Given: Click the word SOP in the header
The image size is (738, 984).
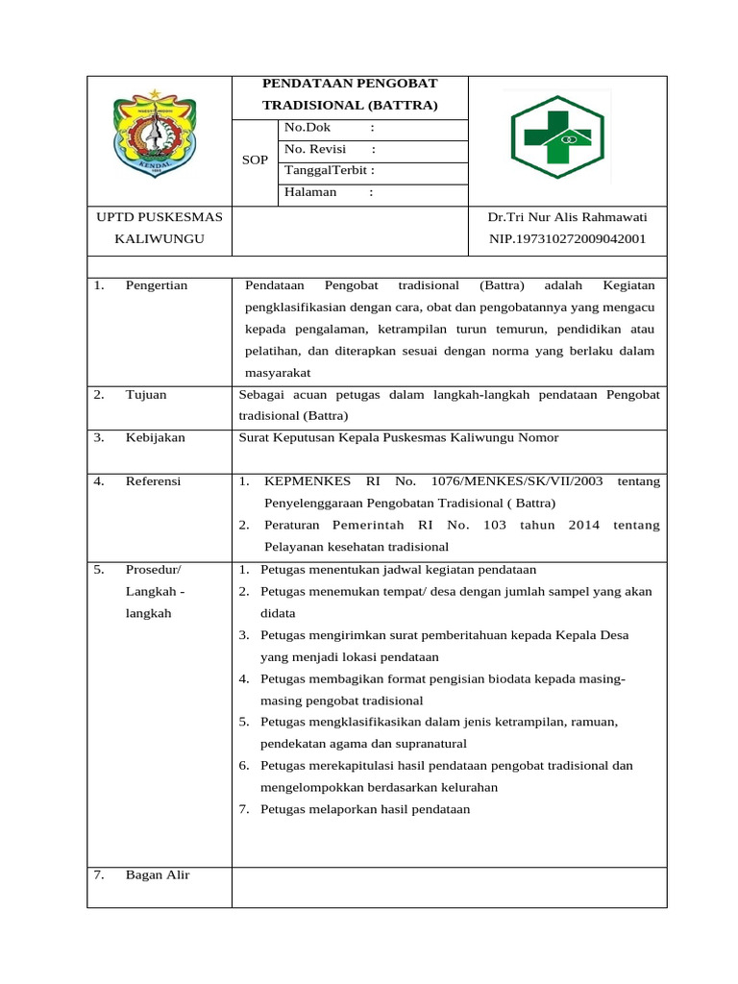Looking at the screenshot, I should coord(255,160).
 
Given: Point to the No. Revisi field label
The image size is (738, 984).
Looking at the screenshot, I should coord(314,149).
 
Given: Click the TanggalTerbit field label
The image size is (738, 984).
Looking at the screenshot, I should coord(325,170).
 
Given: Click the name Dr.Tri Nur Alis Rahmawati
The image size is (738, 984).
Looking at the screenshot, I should coord(567,217).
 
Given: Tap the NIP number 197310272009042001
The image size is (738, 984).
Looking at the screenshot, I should coord(567,238).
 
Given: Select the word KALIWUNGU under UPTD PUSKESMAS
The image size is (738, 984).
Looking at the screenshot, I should coord(160,238).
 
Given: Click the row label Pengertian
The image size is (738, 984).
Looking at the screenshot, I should coord(157,285).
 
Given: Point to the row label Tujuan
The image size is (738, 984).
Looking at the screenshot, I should coord(146,394).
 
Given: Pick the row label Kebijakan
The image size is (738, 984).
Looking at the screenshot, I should coord(156,437).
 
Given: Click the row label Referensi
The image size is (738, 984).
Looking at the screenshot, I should coord(154,481).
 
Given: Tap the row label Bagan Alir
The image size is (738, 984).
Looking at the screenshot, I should coord(158,874).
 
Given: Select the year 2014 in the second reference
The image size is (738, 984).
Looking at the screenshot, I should coord(584,525).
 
